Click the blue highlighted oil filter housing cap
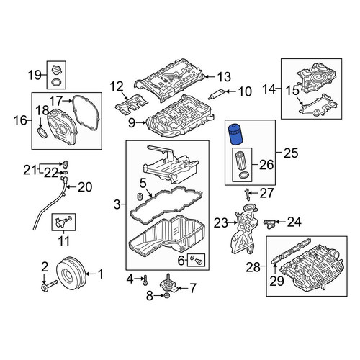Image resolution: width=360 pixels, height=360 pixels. (235, 135)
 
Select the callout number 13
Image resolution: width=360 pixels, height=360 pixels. (225, 77)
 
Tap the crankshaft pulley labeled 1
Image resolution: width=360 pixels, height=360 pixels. (71, 274)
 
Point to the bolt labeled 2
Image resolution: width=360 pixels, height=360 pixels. (49, 285)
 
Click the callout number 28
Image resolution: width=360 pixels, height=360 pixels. (253, 267)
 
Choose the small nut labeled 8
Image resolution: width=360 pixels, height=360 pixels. (167, 295)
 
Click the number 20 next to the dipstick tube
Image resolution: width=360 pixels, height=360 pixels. (85, 187)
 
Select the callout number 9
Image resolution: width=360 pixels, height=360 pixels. (132, 122)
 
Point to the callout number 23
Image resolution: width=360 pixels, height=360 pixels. (221, 223)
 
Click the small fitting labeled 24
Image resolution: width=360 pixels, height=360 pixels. (269, 223)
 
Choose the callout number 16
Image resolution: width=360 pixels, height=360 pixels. (20, 120)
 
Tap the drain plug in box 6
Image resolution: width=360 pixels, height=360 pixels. (199, 261)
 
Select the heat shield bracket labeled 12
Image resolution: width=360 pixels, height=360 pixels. (132, 104)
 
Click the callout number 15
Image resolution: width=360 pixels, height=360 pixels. (292, 91)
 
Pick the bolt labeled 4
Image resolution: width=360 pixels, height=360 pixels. (145, 280)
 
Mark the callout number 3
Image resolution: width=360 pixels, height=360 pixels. (117, 204)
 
